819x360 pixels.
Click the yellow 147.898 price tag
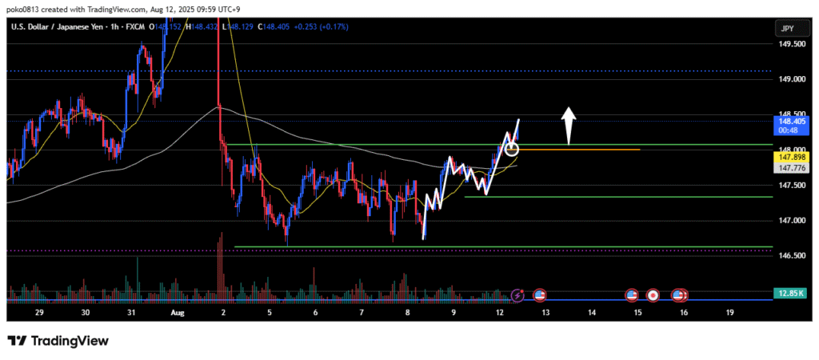pyautogui.click(x=789, y=158)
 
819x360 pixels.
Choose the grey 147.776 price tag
pyautogui.click(x=789, y=168)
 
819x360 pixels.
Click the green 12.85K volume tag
pyautogui.click(x=789, y=294)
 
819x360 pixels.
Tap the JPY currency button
pyautogui.click(x=787, y=28)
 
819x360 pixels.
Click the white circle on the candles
pyautogui.click(x=512, y=149)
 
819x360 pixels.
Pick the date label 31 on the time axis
pyautogui.click(x=131, y=314)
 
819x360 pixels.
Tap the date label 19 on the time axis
pyautogui.click(x=730, y=314)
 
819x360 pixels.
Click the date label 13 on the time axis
pyautogui.click(x=546, y=314)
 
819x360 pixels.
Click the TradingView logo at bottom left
pyautogui.click(x=58, y=341)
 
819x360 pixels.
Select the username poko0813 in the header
pyautogui.click(x=24, y=7)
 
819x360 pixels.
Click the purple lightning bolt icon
pyautogui.click(x=517, y=295)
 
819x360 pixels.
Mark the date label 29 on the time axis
pyautogui.click(x=39, y=314)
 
